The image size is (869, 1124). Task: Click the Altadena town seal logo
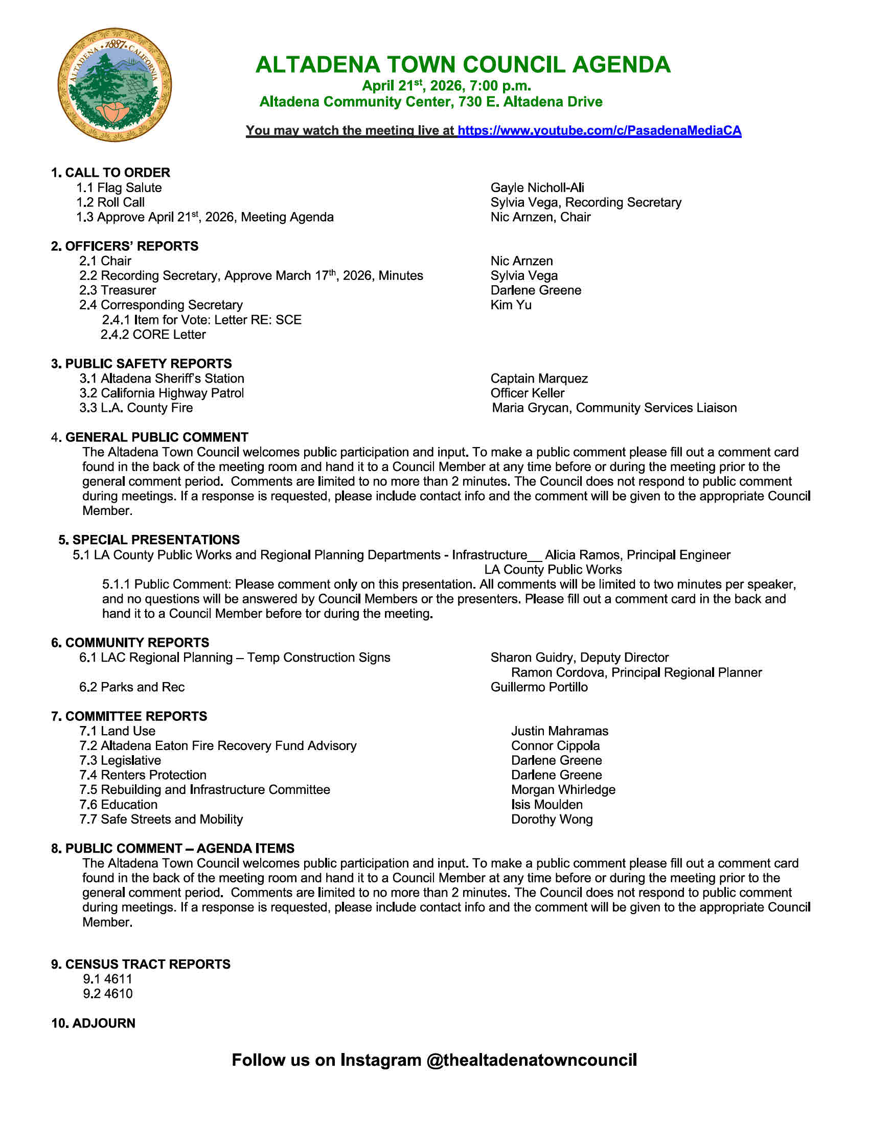tap(115, 85)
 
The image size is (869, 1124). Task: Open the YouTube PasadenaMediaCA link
tap(599, 131)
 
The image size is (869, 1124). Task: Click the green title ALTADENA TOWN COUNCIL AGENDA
tap(463, 65)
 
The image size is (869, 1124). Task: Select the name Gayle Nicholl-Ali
tap(537, 188)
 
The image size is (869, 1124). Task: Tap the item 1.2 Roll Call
tap(111, 202)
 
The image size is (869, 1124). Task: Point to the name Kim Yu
tap(511, 305)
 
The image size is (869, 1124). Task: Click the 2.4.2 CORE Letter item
tap(153, 335)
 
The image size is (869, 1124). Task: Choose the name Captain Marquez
tap(538, 379)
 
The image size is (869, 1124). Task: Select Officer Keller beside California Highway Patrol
tap(527, 393)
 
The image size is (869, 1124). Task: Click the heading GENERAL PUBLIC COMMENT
tap(156, 437)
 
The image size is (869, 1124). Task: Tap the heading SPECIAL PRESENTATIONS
tap(155, 540)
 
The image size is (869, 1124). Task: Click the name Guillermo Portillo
tap(538, 687)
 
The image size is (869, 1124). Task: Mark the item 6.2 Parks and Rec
tap(132, 687)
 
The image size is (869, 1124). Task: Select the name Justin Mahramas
tap(560, 731)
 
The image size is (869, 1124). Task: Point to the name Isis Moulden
tap(547, 805)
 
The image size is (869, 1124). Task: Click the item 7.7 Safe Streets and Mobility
tap(161, 819)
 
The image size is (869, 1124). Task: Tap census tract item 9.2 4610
tap(107, 994)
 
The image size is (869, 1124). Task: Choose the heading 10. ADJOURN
tap(93, 1023)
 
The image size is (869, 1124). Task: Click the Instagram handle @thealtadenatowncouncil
tap(531, 1060)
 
